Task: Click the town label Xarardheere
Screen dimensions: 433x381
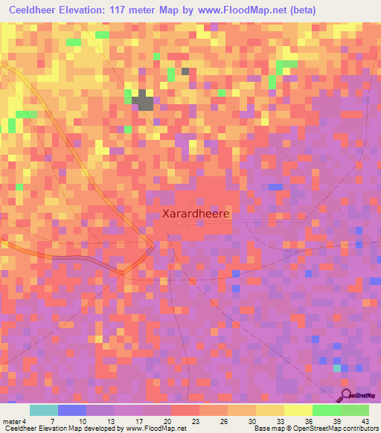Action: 196,212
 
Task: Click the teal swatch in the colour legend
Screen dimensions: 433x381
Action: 44,410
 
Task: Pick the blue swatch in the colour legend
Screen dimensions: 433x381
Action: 72,410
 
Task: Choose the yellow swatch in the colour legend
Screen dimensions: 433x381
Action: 298,410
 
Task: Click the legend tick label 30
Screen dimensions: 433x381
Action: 241,422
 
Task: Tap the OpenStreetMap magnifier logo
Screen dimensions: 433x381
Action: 347,395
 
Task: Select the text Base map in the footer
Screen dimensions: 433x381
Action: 267,429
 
